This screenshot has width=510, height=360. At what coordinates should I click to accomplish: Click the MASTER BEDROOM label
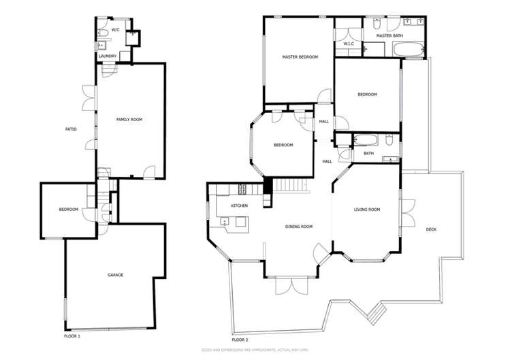tap(300, 57)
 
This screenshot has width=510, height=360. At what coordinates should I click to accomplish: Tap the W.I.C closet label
tap(348, 44)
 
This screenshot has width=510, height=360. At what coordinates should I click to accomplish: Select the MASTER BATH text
tap(389, 35)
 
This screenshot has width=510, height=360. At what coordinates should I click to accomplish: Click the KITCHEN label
tap(238, 206)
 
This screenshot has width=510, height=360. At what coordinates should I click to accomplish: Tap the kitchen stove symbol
tap(240, 189)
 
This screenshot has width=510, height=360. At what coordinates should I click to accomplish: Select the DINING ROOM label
tap(299, 227)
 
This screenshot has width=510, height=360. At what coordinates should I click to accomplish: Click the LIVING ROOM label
tap(366, 210)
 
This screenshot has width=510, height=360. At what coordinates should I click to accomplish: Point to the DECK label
tap(431, 229)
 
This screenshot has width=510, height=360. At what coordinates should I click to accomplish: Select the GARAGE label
tap(115, 275)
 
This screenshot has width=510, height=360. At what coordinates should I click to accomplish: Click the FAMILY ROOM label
tap(129, 120)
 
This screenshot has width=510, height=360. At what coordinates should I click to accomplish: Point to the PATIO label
tap(71, 129)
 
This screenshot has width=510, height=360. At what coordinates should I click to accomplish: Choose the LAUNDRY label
tap(108, 56)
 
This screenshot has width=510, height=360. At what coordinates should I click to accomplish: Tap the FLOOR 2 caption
tap(240, 339)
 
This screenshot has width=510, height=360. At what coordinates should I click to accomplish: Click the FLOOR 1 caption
tap(71, 336)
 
